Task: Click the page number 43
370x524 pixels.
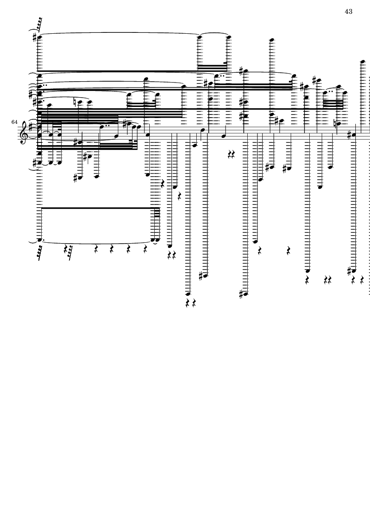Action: pyautogui.click(x=348, y=12)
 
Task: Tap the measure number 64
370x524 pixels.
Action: pyautogui.click(x=14, y=122)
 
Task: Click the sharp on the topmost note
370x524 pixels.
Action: pyautogui.click(x=35, y=37)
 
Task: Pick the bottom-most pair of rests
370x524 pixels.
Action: pyautogui.click(x=191, y=303)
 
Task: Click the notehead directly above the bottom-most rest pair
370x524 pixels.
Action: pyautogui.click(x=188, y=294)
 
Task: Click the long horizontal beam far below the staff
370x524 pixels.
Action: pyautogui.click(x=99, y=208)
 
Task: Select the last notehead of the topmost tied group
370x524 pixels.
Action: pyautogui.click(x=229, y=37)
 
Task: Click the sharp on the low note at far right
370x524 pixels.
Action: pyautogui.click(x=349, y=271)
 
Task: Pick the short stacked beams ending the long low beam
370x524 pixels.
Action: pyautogui.click(x=157, y=212)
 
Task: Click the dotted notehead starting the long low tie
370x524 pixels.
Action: pyautogui.click(x=39, y=240)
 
